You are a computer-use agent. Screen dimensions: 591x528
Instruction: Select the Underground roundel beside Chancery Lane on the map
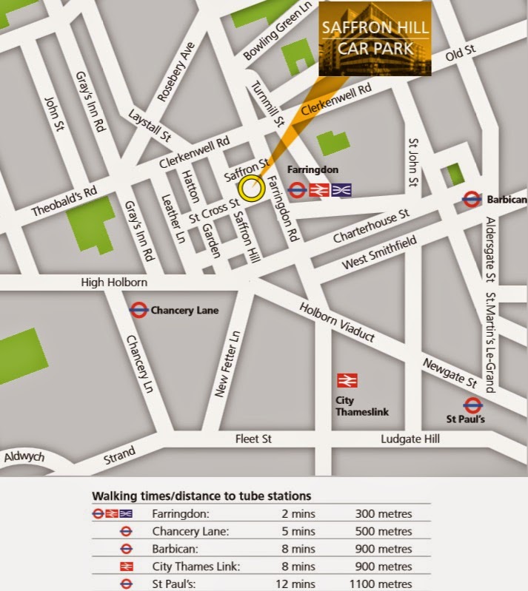click(138, 310)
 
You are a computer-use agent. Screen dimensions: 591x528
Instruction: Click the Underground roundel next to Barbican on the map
click(471, 199)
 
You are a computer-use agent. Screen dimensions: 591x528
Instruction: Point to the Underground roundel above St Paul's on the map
click(473, 405)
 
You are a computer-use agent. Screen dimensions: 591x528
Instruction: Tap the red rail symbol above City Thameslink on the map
click(347, 380)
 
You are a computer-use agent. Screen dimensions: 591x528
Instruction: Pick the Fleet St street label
click(253, 439)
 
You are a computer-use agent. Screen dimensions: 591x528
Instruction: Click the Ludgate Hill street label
click(410, 439)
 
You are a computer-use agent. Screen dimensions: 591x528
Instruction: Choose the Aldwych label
click(24, 456)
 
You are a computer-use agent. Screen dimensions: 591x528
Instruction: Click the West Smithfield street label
click(380, 253)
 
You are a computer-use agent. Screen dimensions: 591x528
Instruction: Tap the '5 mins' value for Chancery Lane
click(298, 530)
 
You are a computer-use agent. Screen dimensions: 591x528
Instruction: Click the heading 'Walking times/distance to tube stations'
click(201, 495)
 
